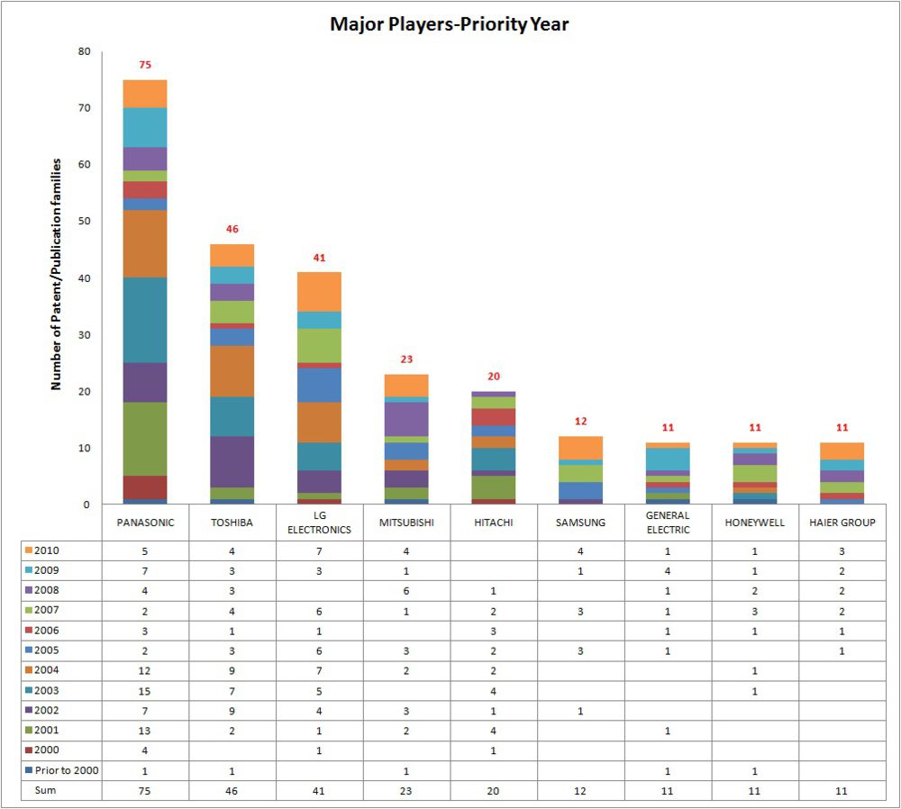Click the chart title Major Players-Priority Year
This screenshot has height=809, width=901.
449,24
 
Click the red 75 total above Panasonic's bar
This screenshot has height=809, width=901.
145,65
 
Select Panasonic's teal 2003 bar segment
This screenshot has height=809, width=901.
145,320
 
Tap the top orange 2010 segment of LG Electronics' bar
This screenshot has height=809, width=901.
319,291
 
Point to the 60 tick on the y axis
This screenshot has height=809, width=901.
84,165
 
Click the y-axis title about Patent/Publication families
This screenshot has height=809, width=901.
56,274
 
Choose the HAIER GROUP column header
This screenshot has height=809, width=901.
842,523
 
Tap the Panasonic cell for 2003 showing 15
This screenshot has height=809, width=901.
145,691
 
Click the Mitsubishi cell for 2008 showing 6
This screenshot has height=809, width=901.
406,590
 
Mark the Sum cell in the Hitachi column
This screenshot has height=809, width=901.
493,790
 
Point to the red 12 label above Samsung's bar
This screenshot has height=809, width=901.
580,422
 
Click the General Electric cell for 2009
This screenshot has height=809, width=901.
668,570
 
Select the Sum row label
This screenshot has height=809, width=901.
46,790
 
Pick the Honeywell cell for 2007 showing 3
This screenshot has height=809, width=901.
754,611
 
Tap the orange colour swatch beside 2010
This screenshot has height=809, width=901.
28,550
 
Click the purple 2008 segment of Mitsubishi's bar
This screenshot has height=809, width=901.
406,418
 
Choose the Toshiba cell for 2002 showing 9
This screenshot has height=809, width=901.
232,711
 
